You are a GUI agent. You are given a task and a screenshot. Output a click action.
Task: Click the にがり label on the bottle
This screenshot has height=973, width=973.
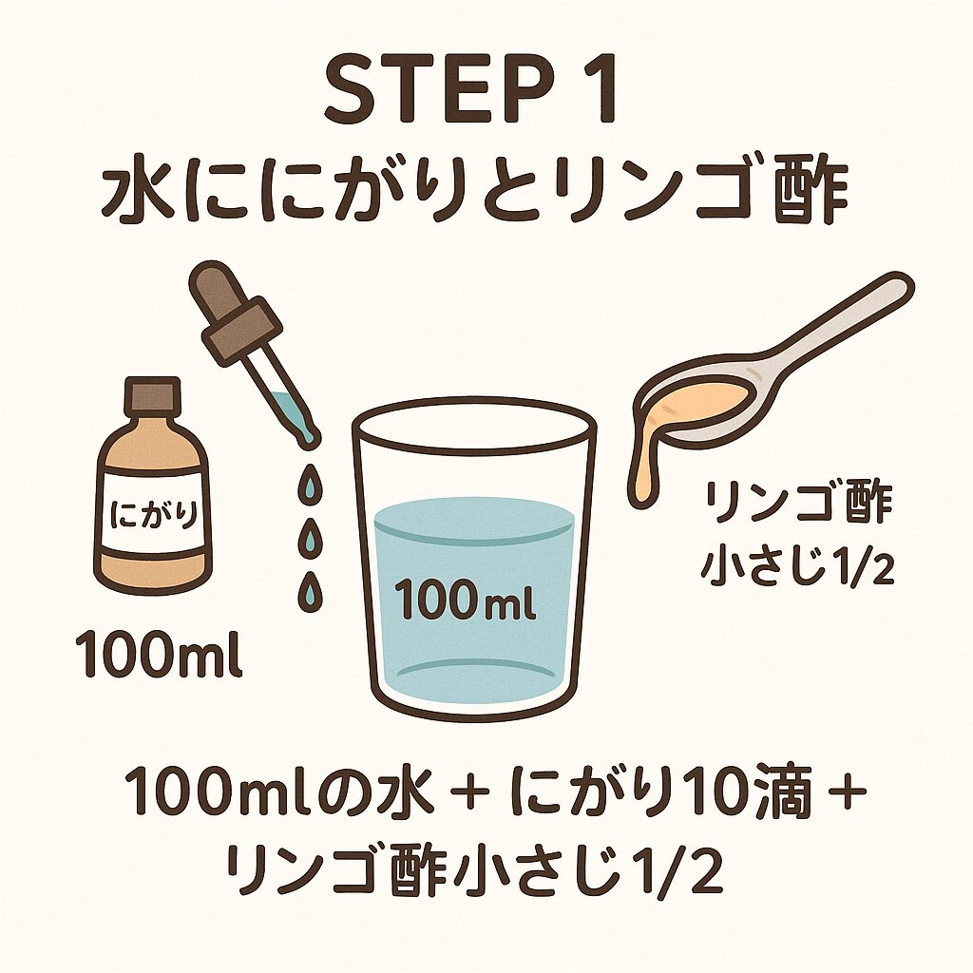[x=153, y=514]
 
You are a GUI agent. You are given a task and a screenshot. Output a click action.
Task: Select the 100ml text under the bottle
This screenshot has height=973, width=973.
[x=159, y=654]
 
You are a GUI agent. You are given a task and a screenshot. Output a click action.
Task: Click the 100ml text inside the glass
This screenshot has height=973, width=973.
[x=465, y=600]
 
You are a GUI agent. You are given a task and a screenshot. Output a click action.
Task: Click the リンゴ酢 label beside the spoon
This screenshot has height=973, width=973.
[x=798, y=504]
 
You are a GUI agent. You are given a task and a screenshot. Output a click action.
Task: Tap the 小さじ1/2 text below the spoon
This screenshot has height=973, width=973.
[x=798, y=564]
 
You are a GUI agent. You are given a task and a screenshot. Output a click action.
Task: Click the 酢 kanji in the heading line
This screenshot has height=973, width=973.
[x=810, y=192]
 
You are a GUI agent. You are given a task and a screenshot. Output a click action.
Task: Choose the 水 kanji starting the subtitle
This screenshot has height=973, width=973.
[x=137, y=192]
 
